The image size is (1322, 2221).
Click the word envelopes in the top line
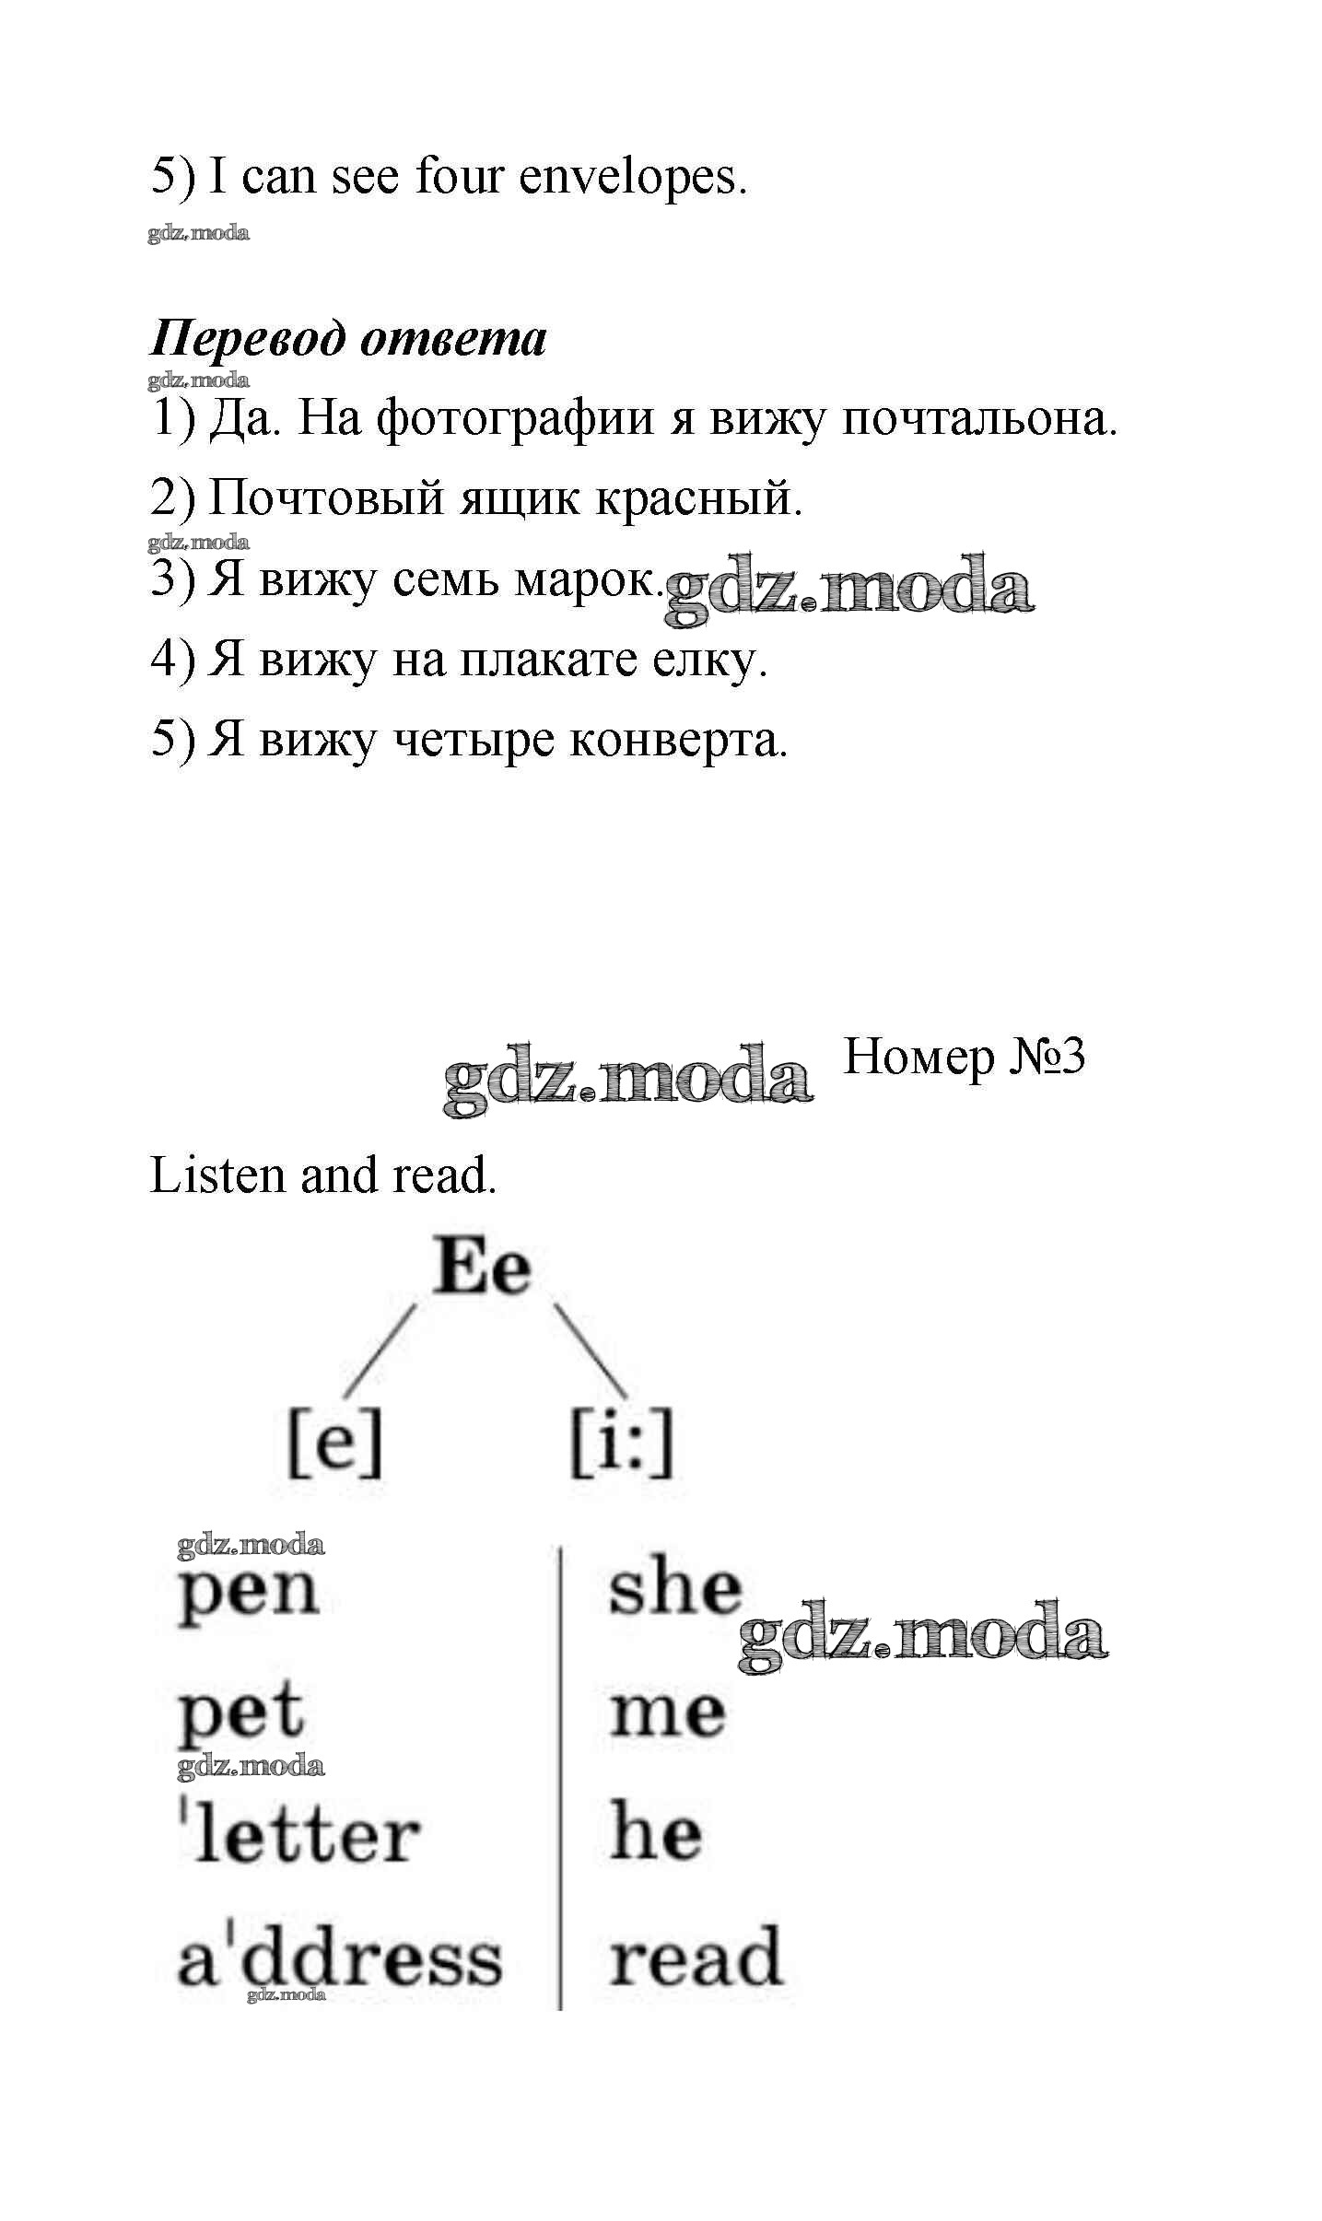(631, 178)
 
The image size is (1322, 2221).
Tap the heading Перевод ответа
(348, 339)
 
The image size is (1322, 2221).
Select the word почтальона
(979, 420)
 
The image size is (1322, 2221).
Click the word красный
(697, 499)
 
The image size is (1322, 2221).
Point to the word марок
(587, 579)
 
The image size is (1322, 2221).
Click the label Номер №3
(964, 1057)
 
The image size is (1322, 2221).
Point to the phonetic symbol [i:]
(622, 1445)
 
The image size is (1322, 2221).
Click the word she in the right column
(674, 1588)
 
